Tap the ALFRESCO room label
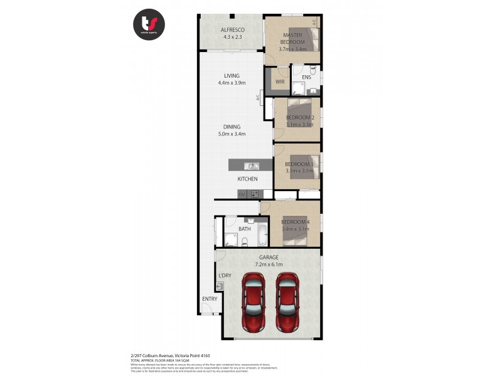point(232,30)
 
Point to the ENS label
point(306,78)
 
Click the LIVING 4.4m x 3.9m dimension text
point(232,83)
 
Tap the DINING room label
point(232,127)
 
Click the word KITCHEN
point(247,179)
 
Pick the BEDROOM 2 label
point(299,118)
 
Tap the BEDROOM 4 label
point(295,222)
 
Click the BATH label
point(245,229)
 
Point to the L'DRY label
point(224,276)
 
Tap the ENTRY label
point(209,299)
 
